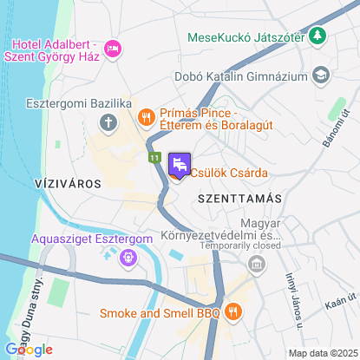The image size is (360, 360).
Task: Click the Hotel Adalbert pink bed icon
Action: (111, 49)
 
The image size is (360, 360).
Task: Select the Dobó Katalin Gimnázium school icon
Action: (321, 76)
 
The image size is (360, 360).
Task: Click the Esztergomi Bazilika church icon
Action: (108, 122)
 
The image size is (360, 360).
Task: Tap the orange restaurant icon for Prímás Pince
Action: (146, 115)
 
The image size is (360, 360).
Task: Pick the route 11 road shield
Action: (153, 158)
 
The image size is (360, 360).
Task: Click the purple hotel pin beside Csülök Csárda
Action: (180, 165)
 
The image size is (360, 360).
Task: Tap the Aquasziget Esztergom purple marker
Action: (128, 257)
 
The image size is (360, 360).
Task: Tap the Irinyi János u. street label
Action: (293, 300)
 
